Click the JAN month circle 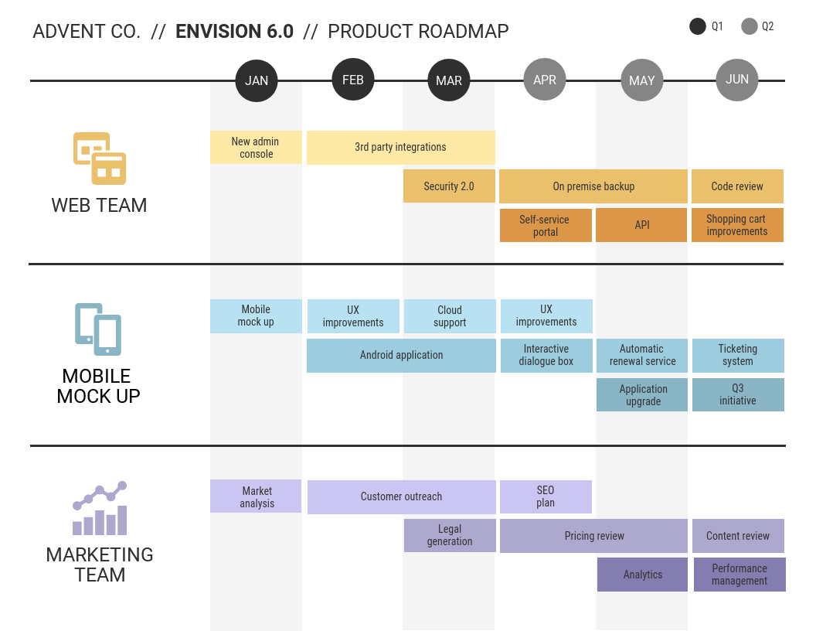tap(257, 80)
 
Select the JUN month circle tap(737, 80)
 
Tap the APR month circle tap(545, 80)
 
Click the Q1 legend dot tap(698, 26)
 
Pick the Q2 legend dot tap(749, 26)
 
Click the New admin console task tap(256, 148)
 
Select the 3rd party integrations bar tap(400, 148)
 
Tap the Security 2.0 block tap(449, 186)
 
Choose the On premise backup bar tap(593, 186)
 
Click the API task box tap(641, 225)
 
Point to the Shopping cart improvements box tap(737, 225)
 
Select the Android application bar tap(401, 356)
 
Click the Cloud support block tap(450, 316)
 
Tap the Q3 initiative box tap(738, 394)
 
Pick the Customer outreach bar tap(401, 497)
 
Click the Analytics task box tap(642, 575)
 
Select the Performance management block tap(739, 575)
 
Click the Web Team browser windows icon tap(100, 159)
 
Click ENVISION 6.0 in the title tap(234, 32)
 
